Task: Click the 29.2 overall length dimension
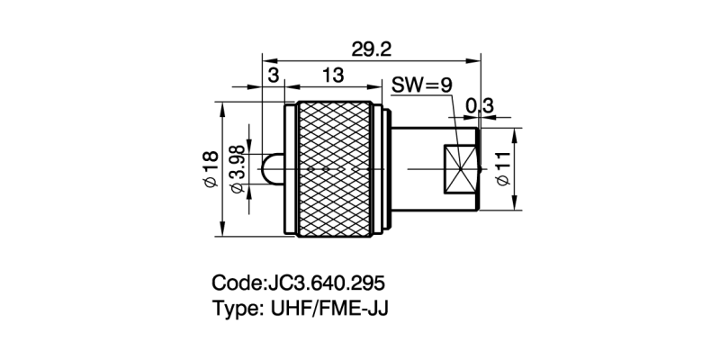click(x=369, y=49)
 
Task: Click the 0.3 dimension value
click(x=479, y=106)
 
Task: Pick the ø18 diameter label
click(x=210, y=169)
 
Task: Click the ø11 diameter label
click(x=502, y=169)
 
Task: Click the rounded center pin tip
click(x=267, y=169)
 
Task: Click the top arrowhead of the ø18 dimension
click(x=221, y=106)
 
